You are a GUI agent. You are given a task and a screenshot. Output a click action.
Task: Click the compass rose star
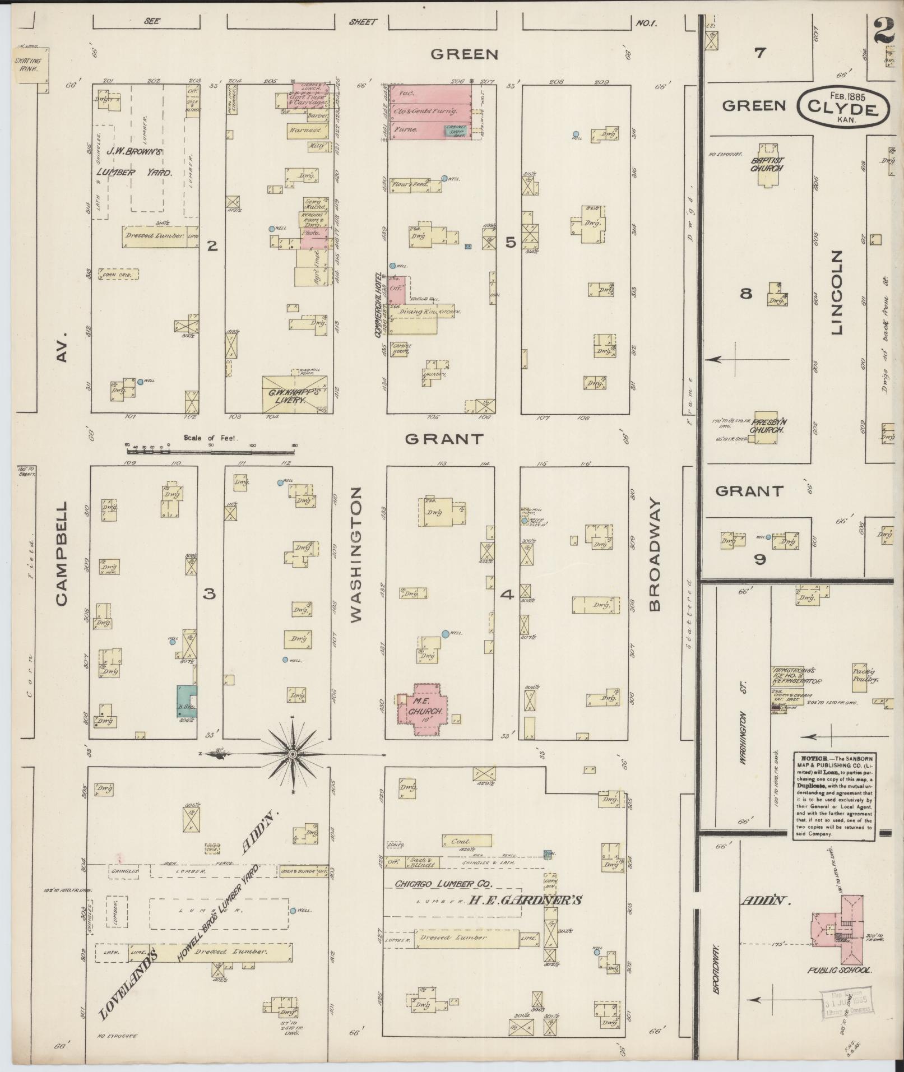pos(292,754)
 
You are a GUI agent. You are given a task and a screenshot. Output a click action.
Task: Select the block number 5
pos(510,243)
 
